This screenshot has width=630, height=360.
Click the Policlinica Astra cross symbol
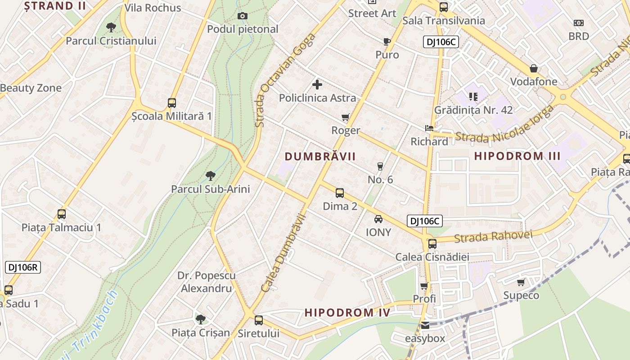pos(317,84)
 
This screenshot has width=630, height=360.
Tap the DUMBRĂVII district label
pos(320,157)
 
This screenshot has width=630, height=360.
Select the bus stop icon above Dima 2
pos(340,193)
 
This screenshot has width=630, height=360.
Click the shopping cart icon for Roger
pos(345,117)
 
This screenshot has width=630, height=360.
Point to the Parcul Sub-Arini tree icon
pos(210,175)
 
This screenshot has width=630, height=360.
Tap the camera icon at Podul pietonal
pos(243,16)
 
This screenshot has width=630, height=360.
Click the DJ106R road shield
pos(23,267)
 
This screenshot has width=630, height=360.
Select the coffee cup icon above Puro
pos(387,42)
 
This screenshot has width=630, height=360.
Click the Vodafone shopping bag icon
pos(534,69)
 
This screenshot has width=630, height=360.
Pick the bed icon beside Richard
pos(429,128)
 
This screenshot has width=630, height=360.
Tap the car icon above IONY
pos(378,219)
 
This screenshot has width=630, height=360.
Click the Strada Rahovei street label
pos(493,236)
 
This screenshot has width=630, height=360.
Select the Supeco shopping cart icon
pos(521,282)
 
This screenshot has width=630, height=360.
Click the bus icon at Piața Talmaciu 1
pos(62,214)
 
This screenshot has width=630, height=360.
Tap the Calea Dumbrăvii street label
pos(283,253)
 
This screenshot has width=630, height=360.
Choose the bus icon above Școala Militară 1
pos(171,103)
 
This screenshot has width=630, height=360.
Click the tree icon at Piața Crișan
pos(200,319)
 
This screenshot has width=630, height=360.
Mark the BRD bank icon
pos(579,23)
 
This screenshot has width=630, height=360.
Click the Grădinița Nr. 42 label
pos(473,110)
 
